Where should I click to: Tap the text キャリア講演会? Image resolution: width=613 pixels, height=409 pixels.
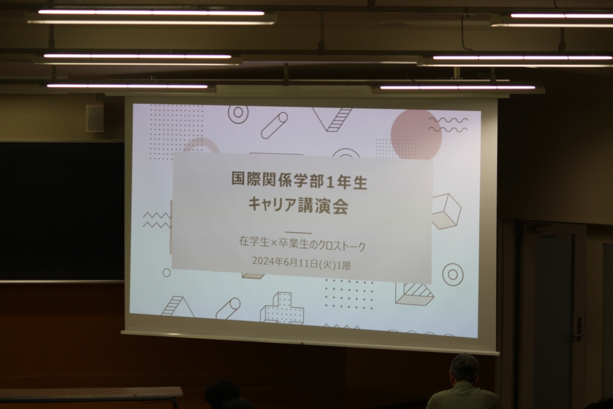298,206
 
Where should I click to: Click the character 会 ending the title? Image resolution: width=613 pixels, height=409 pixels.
340,207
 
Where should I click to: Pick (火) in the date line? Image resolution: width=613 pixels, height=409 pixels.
328,264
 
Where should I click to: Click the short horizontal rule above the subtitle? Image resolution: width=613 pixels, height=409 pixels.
298,233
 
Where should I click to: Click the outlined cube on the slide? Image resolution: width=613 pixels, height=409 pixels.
446,212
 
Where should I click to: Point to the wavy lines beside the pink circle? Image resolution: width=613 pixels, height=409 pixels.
448,125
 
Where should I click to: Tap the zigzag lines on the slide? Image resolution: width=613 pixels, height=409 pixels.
157,220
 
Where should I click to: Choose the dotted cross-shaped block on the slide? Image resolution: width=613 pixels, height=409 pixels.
282,308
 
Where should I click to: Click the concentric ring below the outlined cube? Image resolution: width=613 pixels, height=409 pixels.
453,275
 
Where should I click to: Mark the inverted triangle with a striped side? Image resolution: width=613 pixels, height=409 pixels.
332,119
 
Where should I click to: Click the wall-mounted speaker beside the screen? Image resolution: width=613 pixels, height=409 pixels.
95,116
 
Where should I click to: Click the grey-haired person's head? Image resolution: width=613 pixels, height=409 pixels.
464,368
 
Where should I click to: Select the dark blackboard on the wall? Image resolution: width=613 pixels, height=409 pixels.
62,211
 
